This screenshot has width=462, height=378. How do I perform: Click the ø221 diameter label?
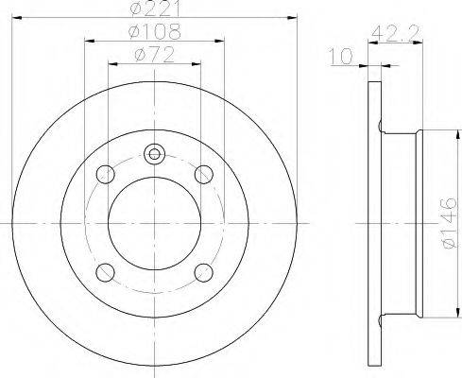pos(156,9)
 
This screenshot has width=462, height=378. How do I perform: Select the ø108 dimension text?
pos(156,31)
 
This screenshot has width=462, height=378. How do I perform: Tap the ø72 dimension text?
pos(154,55)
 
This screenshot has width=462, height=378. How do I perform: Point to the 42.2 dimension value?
pos(396,33)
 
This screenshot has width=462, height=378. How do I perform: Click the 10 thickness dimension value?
pos(341,56)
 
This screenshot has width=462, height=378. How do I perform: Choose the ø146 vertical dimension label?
pos(448,223)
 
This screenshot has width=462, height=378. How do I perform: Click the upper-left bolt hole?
pos(105,174)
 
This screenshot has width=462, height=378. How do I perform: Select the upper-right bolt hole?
pos(204,174)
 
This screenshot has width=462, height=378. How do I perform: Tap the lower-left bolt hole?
pos(105,272)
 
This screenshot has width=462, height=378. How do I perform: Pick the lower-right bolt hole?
pos(204,272)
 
